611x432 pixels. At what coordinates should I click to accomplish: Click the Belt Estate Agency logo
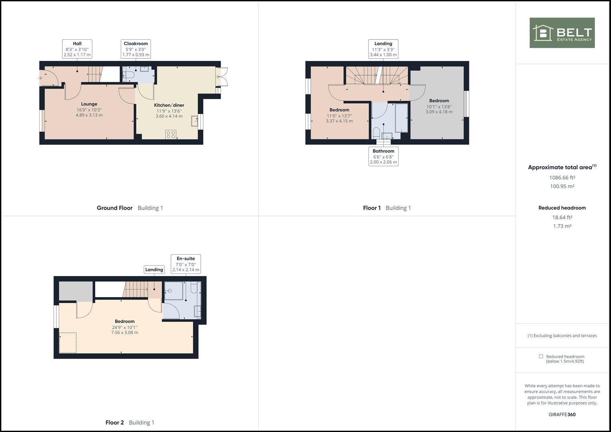[x=562, y=33]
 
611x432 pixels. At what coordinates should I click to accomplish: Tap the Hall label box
[x=77, y=49]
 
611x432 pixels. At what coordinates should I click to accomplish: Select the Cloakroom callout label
[x=136, y=49]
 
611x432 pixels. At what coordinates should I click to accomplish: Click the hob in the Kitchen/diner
[x=171, y=134]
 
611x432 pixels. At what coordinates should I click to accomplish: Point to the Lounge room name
[x=89, y=104]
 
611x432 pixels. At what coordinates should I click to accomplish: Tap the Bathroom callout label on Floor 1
[x=383, y=156]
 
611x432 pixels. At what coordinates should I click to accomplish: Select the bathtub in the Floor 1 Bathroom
[x=401, y=118]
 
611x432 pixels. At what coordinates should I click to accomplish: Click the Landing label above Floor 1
[x=383, y=49]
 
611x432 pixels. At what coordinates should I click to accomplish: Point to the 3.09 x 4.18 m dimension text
[x=439, y=112]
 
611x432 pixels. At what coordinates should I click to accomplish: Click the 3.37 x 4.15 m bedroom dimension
[x=339, y=121]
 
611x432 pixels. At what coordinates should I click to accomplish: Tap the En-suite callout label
[x=186, y=264]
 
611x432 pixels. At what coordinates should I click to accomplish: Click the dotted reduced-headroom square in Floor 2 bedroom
[x=68, y=343]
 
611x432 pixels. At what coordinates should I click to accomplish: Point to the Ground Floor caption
[x=114, y=208]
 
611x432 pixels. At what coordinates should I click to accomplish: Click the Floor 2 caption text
[x=114, y=422]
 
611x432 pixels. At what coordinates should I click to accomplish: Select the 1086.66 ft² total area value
[x=562, y=178]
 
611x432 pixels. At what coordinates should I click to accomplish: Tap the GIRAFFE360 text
[x=562, y=414]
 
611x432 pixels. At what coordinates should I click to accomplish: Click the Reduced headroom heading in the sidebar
[x=562, y=208]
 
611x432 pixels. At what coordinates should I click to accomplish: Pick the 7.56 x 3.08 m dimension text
[x=124, y=332]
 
